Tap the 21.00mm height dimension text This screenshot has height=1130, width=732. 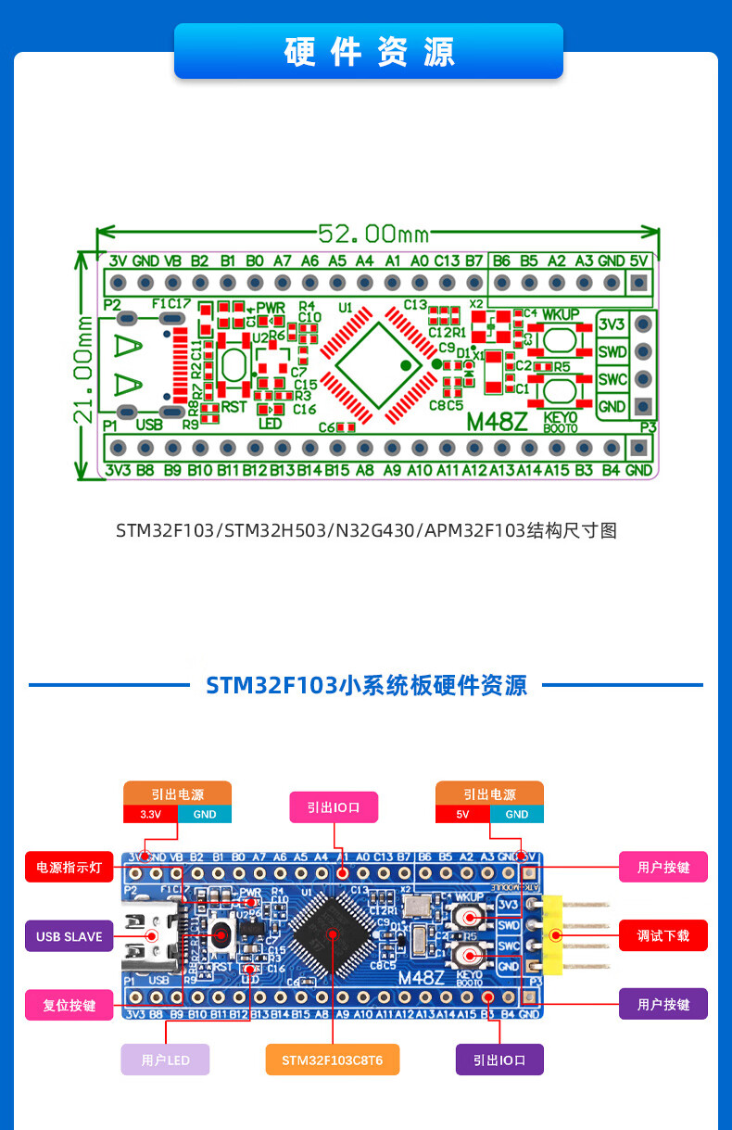82,365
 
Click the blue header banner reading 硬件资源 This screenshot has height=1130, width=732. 369,52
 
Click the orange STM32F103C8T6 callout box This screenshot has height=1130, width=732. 332,1060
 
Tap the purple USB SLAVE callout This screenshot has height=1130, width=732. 69,936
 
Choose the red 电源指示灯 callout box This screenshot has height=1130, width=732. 69,868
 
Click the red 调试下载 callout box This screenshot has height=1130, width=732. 663,936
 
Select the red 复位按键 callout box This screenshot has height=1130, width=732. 69,1005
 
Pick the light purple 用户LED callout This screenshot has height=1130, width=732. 165,1060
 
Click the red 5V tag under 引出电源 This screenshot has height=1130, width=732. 463,814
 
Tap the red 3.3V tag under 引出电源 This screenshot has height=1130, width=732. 150,814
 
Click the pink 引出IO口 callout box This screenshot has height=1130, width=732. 334,807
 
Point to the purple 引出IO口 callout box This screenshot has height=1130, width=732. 499,1060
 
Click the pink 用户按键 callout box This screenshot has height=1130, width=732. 663,868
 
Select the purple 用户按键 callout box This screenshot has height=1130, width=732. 663,1005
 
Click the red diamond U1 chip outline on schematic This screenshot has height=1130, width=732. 378,364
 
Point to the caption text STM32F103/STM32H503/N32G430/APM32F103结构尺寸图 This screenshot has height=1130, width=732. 366,531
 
